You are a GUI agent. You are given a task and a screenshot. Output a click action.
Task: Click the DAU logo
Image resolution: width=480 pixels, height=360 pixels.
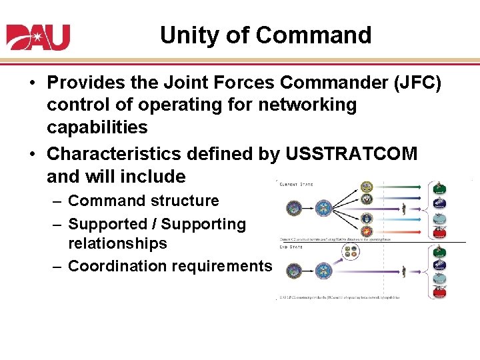coord(38,37)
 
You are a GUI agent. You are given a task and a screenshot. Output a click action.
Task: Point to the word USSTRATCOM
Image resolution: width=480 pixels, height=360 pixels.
coord(351,154)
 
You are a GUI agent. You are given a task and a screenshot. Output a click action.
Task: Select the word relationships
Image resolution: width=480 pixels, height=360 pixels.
coord(117,243)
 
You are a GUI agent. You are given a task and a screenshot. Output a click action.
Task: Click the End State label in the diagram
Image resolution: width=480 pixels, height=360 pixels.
coord(292,247)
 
